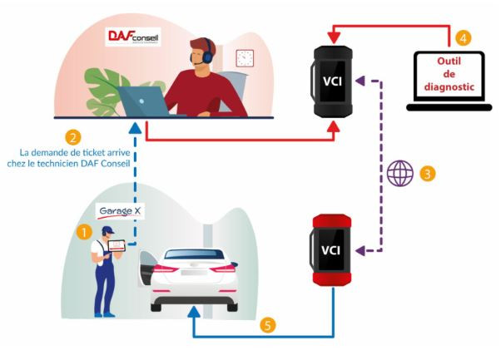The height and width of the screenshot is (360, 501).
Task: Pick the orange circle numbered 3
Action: [428, 174]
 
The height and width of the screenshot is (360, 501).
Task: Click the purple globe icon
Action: [400, 174]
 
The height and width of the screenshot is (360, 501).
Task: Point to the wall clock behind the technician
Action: [245, 57]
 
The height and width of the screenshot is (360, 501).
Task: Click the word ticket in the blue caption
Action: [91, 151]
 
